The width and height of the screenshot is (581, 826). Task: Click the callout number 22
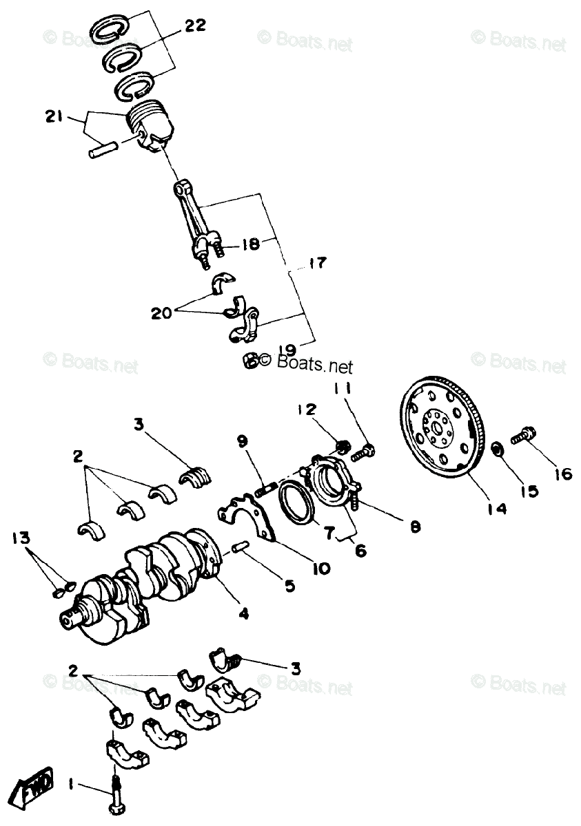tap(195, 26)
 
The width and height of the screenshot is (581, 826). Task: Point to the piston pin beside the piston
tap(104, 149)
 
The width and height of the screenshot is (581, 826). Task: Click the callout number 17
tap(318, 263)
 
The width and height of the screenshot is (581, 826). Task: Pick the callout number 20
tap(163, 313)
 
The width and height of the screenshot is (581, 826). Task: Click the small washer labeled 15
tap(497, 451)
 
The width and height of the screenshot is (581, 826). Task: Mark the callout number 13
tap(21, 538)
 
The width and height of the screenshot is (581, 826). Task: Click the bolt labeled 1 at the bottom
tap(114, 799)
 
